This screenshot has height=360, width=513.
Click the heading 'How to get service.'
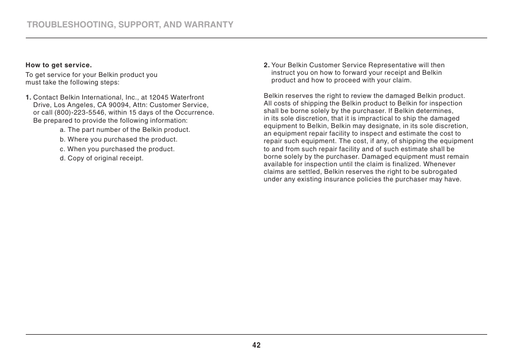pos(59,66)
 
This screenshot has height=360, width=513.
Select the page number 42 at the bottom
pos(256,345)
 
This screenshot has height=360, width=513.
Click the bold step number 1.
pos(28,97)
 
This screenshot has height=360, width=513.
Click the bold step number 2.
pos(266,65)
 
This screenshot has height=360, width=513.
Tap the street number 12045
pos(159,97)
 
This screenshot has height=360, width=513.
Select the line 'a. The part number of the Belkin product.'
pos(125,130)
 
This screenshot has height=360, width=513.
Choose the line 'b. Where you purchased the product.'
pos(118,139)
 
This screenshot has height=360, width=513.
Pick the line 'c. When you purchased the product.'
pos(117,149)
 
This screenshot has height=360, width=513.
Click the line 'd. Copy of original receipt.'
pos(102,158)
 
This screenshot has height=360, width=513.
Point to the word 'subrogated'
pos(440,172)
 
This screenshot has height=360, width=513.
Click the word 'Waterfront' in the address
pos(187,97)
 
